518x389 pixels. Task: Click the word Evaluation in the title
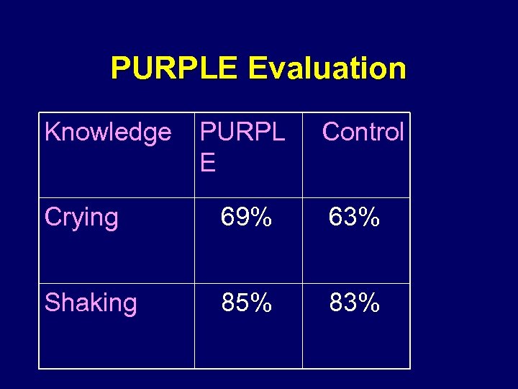coord(327,68)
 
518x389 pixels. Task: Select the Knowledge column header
coord(108,133)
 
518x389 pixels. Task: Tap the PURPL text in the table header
coord(242,133)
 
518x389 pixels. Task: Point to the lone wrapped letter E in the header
coord(208,164)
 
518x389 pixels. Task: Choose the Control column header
coord(363,132)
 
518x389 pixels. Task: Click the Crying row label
coord(81,218)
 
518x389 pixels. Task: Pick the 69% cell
coord(247,218)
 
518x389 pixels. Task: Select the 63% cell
coord(354,218)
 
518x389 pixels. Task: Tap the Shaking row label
coord(91,303)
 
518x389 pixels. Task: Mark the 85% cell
coord(247,303)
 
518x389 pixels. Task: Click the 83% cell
coord(354,303)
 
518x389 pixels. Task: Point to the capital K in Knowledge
coord(52,133)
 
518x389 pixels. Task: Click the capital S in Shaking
coord(52,303)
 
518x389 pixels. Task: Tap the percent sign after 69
coord(261,218)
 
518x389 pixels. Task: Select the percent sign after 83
coord(368,303)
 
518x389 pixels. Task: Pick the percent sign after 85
coord(261,303)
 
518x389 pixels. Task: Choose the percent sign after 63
coord(368,218)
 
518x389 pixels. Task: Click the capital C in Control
coord(331,132)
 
